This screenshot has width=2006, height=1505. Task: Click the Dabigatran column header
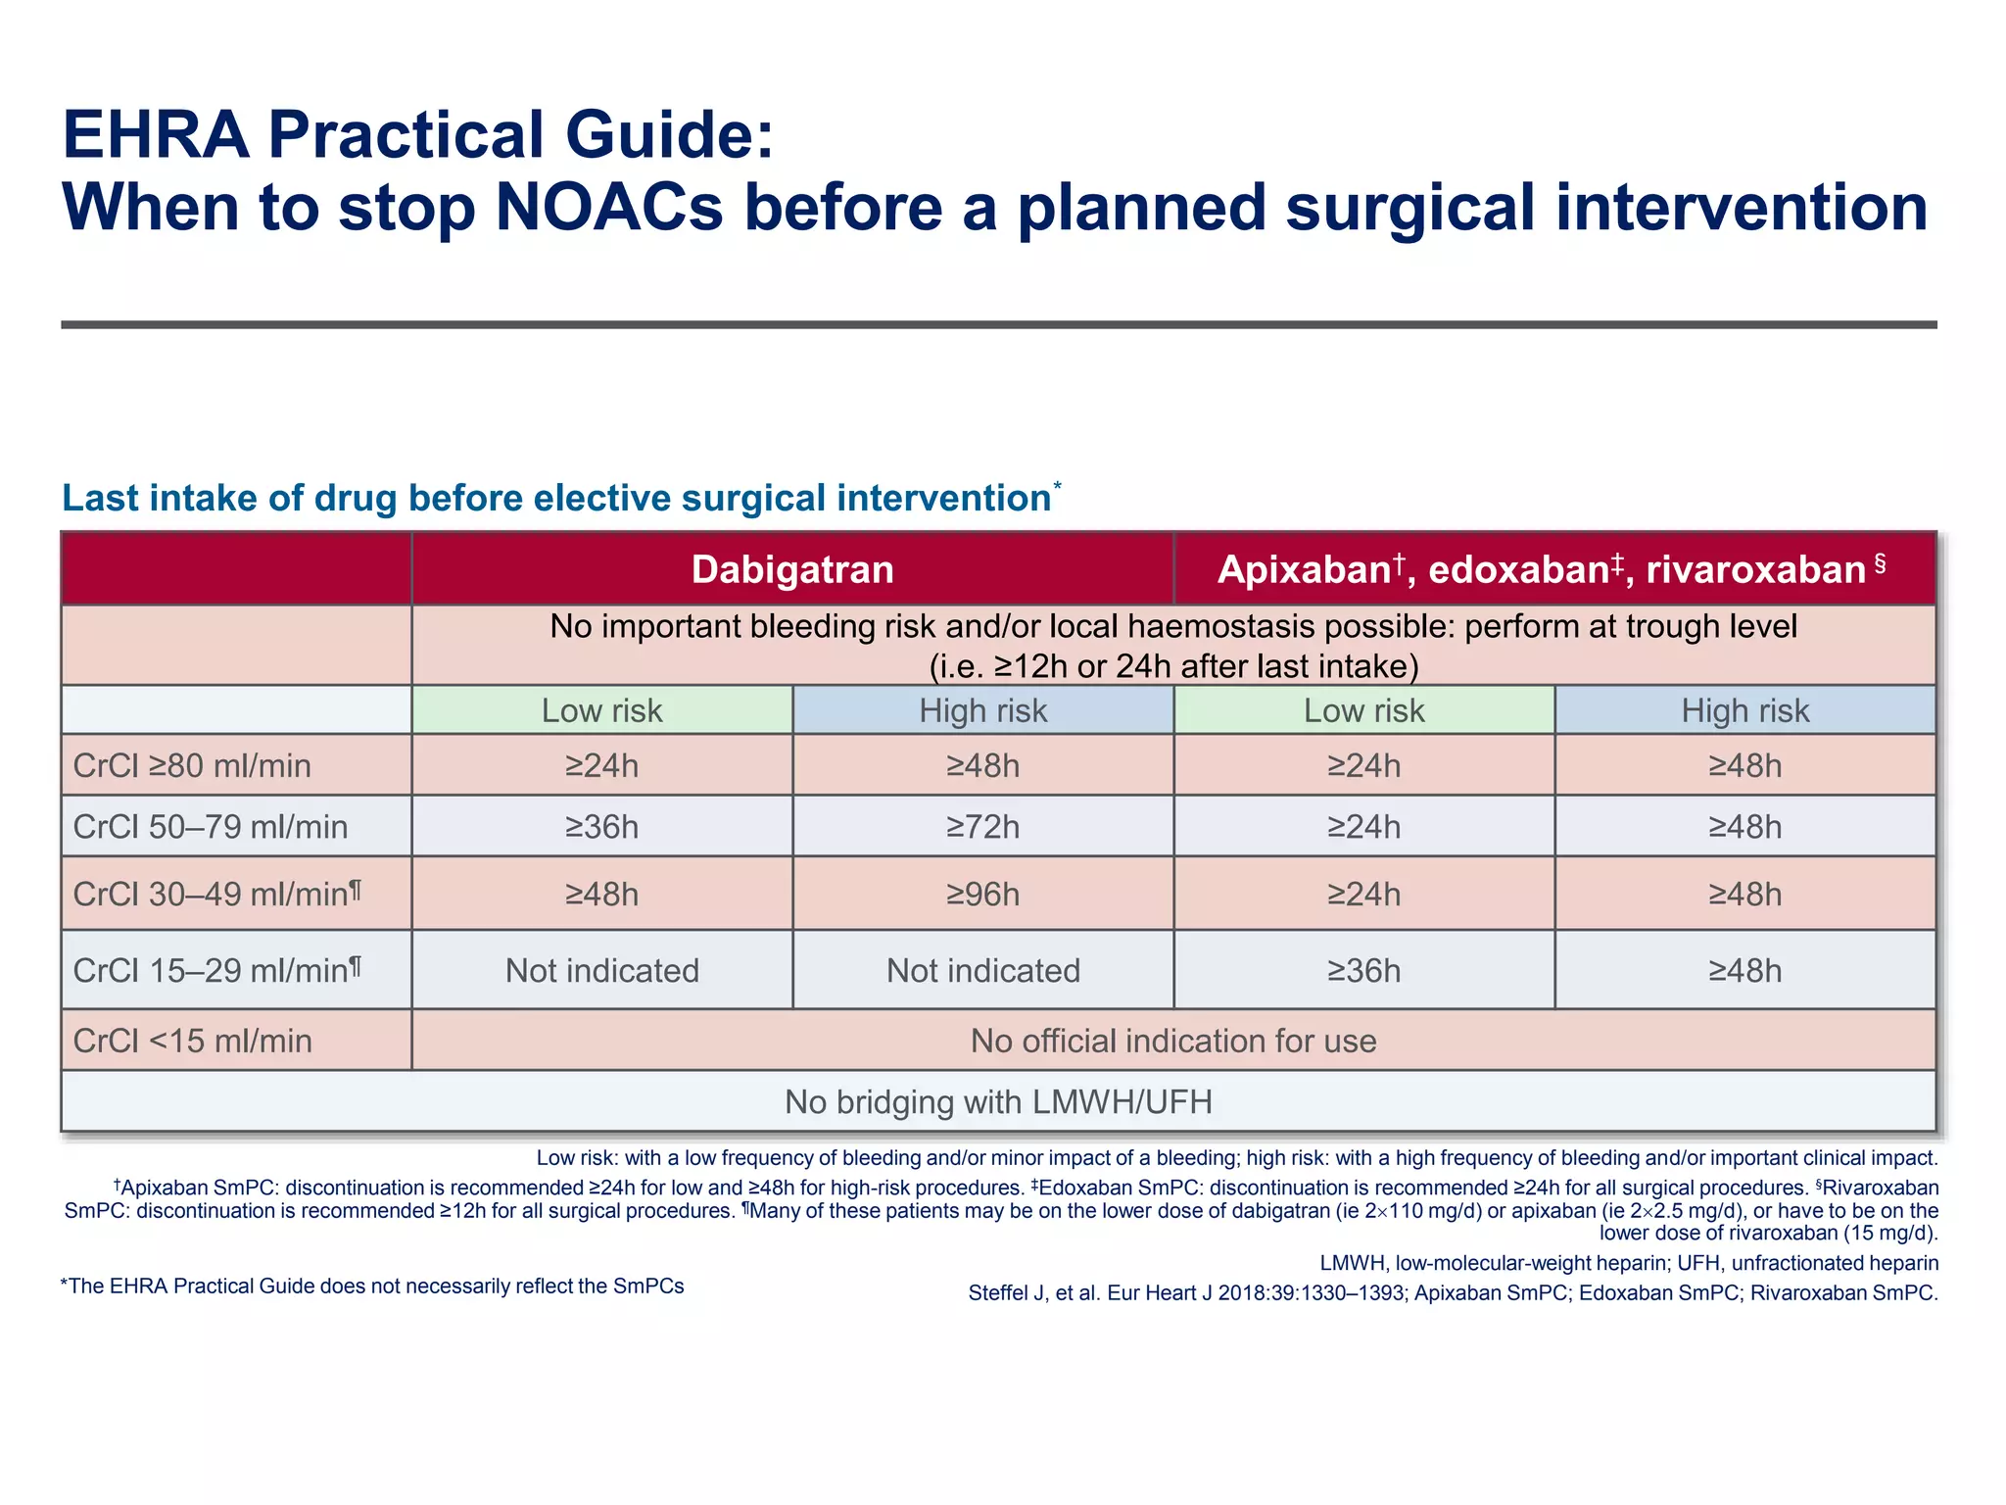(792, 569)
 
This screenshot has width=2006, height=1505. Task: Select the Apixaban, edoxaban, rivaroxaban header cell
(1553, 569)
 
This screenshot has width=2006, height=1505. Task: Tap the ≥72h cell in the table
(982, 827)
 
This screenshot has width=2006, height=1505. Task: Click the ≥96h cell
(982, 894)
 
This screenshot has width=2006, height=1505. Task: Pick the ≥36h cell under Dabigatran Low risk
(601, 827)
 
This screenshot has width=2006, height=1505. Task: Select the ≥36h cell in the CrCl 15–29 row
(1363, 970)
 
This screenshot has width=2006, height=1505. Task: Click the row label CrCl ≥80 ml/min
(192, 765)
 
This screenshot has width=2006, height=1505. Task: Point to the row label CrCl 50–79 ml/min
(211, 827)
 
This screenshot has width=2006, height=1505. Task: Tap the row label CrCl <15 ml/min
(193, 1041)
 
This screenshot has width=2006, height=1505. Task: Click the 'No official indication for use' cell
(1172, 1041)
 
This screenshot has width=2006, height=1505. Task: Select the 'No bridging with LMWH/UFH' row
(998, 1101)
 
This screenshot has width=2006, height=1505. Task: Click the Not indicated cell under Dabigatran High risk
(982, 970)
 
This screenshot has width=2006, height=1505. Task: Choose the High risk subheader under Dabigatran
(982, 710)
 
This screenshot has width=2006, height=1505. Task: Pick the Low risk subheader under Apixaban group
(1363, 710)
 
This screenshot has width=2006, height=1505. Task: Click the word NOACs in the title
(609, 208)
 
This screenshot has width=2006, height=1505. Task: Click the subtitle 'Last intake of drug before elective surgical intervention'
(556, 498)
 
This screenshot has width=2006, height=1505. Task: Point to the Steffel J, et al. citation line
(1453, 1292)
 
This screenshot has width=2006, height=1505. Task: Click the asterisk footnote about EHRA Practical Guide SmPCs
(372, 1287)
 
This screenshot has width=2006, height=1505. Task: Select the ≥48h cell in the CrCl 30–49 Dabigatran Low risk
(601, 894)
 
